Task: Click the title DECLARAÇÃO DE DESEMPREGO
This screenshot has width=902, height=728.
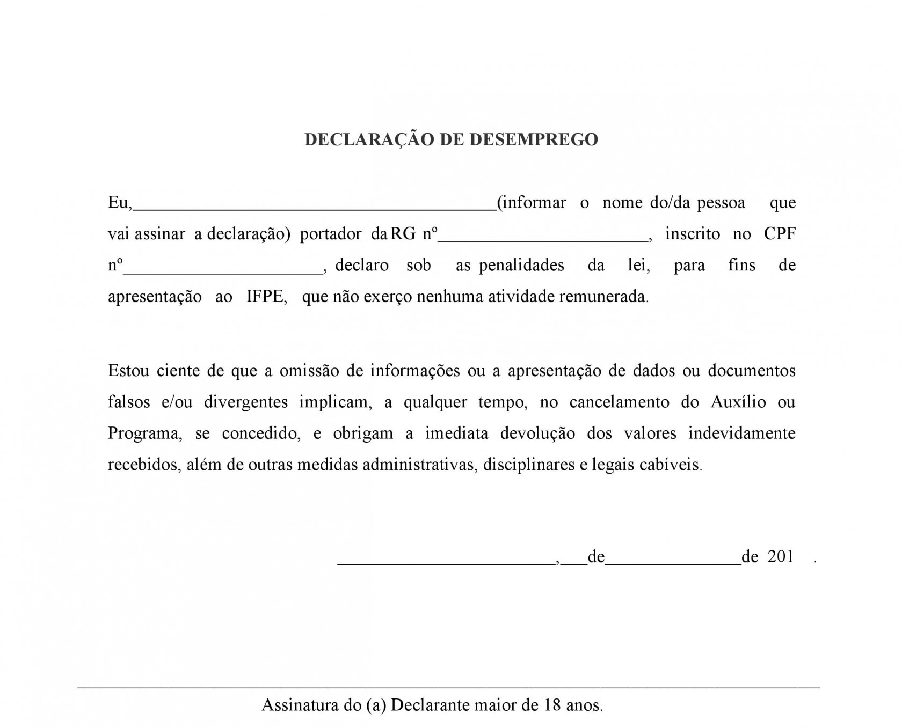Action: [451, 139]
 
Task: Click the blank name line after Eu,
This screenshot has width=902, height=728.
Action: [314, 209]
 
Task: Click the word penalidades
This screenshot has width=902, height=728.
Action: [521, 266]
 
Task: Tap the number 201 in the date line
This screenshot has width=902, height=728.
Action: [781, 557]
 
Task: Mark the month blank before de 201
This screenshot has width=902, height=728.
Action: [673, 563]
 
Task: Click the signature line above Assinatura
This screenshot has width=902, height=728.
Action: [449, 687]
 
